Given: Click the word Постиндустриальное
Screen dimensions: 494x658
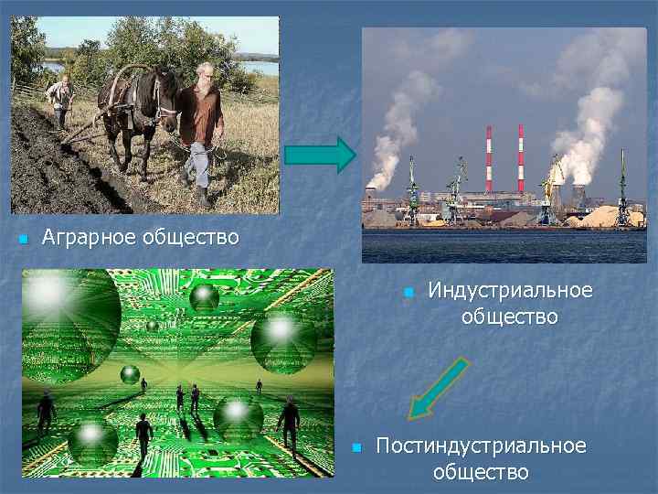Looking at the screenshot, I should pos(481,446).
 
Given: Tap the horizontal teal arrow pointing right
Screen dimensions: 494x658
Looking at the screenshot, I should pos(319,155).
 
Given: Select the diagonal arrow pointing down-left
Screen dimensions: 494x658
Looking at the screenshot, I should pos(437,390).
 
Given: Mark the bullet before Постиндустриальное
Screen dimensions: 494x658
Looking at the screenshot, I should pos(357,448).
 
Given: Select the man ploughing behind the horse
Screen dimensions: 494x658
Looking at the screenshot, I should pos(60,99).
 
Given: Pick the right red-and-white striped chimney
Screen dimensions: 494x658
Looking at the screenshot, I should pos(521,157).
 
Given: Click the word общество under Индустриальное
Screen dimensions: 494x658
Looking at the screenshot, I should pos(509,317).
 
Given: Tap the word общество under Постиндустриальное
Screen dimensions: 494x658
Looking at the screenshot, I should pos(481,472).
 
